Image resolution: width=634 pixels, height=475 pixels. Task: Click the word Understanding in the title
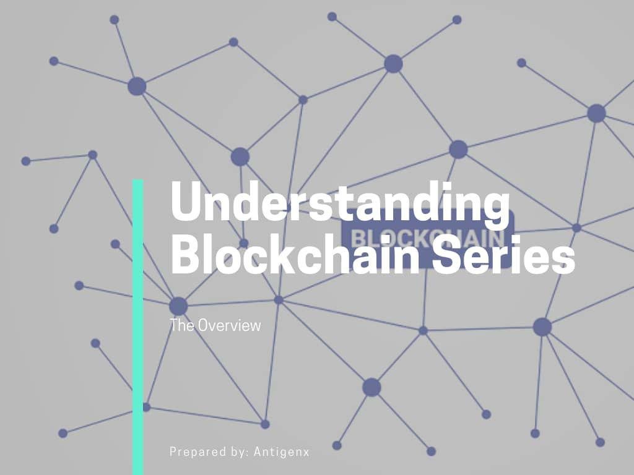[340, 201]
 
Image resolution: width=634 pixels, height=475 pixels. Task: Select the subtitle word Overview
[229, 325]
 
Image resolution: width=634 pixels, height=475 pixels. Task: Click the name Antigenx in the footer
[282, 451]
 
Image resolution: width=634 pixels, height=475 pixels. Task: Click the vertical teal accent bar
[138, 327]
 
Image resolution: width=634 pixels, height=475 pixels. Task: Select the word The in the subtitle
[182, 325]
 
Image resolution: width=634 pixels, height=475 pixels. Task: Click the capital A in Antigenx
[258, 451]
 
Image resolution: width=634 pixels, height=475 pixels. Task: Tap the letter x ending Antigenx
[306, 453]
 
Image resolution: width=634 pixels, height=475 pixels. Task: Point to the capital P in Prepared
[173, 451]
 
